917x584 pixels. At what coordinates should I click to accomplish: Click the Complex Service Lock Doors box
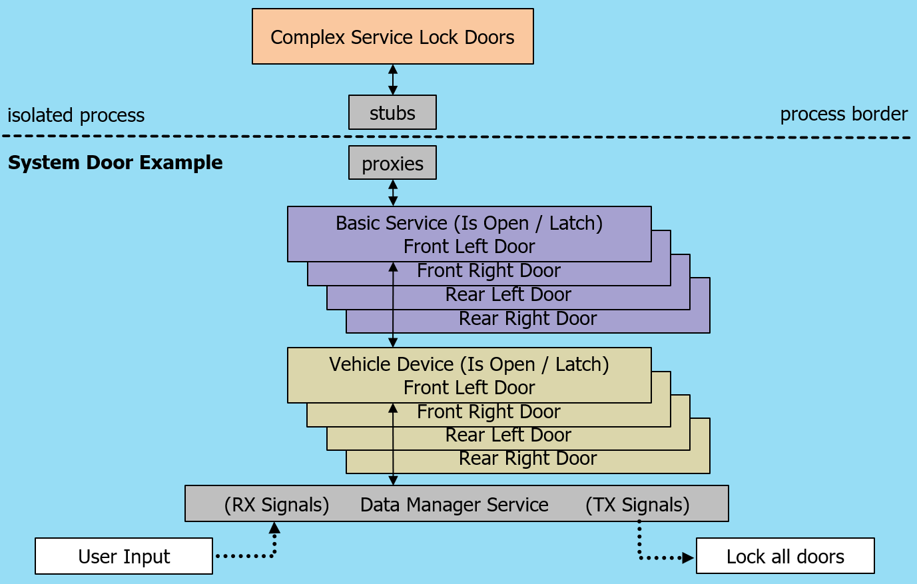392,37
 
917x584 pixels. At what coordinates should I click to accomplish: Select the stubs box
392,113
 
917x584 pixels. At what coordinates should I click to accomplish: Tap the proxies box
392,163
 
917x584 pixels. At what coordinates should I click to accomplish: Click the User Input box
124,556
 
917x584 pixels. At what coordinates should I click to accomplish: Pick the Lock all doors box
785,556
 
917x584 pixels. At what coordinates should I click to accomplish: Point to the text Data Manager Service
454,505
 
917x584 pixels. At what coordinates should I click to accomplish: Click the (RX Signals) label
276,505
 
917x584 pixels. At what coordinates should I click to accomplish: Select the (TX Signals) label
637,505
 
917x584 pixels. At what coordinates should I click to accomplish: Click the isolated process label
76,115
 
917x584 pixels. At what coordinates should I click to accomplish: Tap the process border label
844,114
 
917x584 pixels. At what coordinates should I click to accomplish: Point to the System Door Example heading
115,162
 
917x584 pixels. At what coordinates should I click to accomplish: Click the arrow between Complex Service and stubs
393,80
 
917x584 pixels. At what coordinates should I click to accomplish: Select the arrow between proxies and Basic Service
393,193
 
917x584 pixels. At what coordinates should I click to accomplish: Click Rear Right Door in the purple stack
527,318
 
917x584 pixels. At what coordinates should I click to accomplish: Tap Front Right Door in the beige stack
488,412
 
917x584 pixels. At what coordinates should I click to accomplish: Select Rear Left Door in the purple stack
508,294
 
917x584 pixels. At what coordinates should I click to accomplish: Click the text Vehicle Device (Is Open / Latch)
469,364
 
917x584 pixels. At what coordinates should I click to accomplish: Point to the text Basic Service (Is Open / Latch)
469,223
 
